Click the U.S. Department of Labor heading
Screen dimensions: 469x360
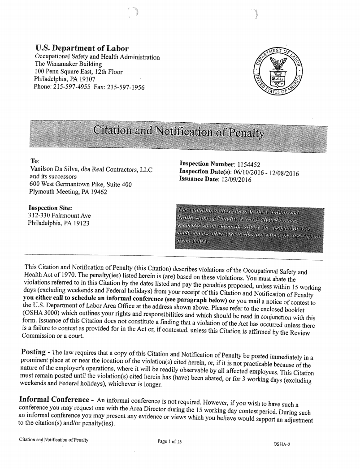pos(82,49)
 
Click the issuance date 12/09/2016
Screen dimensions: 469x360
pos(237,180)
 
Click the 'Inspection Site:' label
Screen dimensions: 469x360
pos(50,208)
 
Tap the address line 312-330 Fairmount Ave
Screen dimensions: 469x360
pos(59,215)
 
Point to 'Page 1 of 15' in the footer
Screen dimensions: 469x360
pos(169,441)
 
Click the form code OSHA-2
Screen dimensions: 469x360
pos(282,444)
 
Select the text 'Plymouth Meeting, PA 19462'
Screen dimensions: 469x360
pos(68,192)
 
